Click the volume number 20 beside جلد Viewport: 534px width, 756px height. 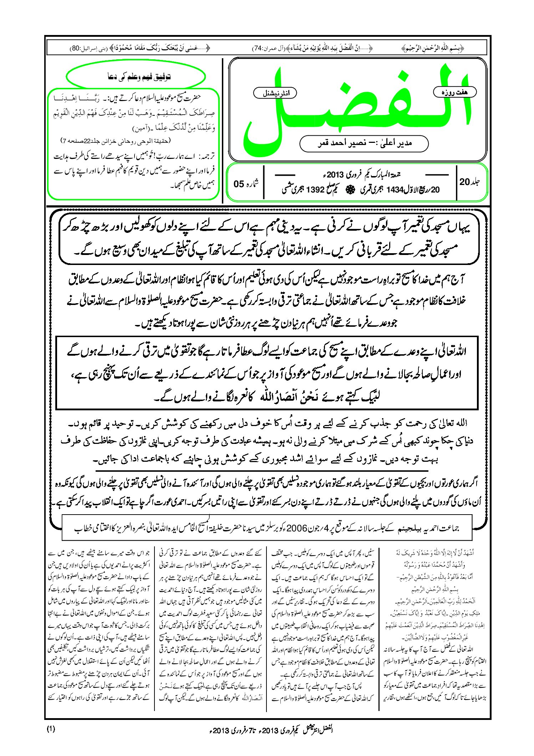(x=464, y=182)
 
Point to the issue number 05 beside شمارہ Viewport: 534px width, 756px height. (x=239, y=184)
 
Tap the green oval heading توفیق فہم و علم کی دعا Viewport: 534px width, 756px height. (x=136, y=76)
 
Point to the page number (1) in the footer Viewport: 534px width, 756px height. (x=51, y=729)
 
